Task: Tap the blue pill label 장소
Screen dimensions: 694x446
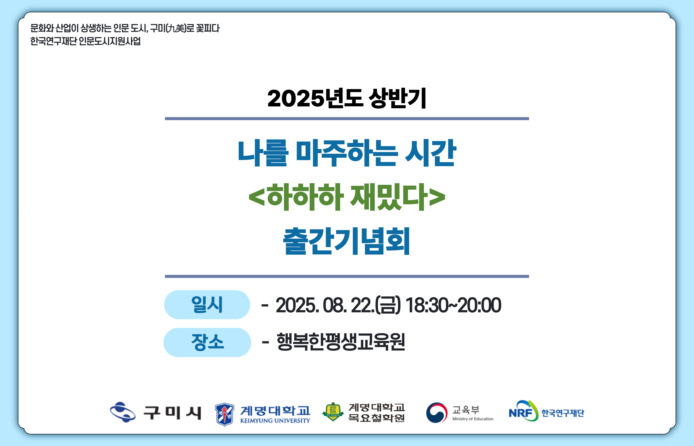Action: (207, 342)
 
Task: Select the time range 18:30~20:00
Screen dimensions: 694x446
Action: (453, 305)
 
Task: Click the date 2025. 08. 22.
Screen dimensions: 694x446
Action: (325, 305)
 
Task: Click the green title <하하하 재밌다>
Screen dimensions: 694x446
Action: (347, 197)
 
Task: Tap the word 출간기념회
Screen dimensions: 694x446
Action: (346, 241)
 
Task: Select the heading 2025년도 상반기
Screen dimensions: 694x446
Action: (347, 98)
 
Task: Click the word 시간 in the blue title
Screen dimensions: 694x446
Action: (430, 153)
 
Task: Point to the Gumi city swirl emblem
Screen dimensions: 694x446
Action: (123, 412)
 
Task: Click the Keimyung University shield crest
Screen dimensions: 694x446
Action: (225, 414)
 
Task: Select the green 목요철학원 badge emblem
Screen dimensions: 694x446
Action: (333, 412)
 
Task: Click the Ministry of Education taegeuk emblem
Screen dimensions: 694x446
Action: (437, 413)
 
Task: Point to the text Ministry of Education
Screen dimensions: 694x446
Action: (473, 419)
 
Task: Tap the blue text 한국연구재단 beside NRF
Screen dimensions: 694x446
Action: (563, 413)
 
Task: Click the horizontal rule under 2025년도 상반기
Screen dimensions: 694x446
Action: (347, 119)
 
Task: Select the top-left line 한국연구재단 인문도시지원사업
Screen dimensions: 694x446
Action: (85, 41)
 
